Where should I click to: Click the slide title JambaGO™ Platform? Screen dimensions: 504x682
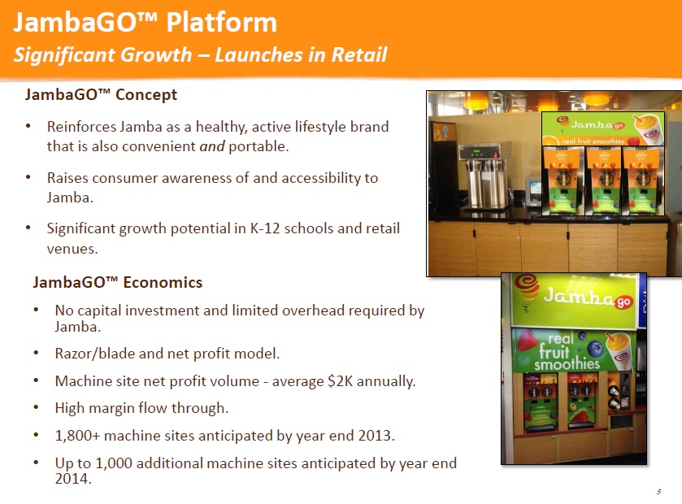coord(145,22)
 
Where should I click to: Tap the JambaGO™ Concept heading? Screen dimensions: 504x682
coord(101,95)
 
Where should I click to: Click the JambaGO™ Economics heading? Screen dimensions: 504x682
coord(117,283)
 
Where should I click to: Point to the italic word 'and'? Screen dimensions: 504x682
coord(211,147)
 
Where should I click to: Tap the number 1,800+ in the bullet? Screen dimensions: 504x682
coord(79,435)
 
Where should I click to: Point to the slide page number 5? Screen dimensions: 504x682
coord(657,492)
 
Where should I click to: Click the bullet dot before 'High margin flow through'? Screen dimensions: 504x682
coord(38,408)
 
